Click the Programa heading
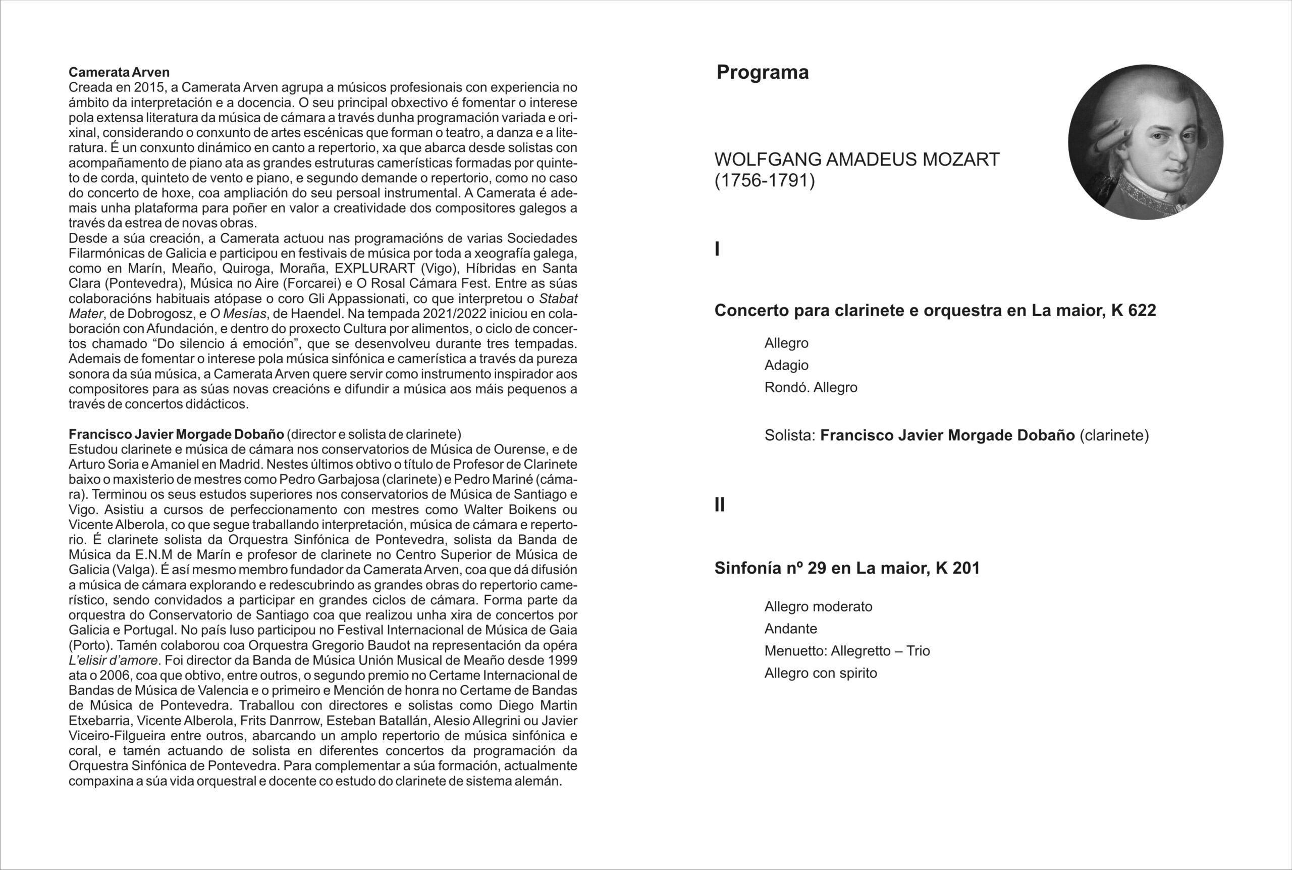pyautogui.click(x=763, y=72)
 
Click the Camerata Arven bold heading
pyautogui.click(x=119, y=72)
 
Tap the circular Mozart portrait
pyautogui.click(x=1146, y=142)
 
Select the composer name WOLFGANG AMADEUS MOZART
pyautogui.click(x=857, y=159)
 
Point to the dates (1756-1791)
pyautogui.click(x=765, y=181)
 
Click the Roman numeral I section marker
pyautogui.click(x=717, y=249)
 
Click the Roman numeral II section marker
pyautogui.click(x=720, y=505)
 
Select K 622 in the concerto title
pyautogui.click(x=1134, y=310)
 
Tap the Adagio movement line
pyautogui.click(x=786, y=365)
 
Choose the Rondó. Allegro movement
pyautogui.click(x=811, y=387)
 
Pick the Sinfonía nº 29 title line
pyautogui.click(x=847, y=568)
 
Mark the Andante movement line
pyautogui.click(x=791, y=629)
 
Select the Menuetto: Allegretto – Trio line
pyautogui.click(x=847, y=651)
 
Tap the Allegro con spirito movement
pyautogui.click(x=821, y=673)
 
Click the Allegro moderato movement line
pyautogui.click(x=819, y=606)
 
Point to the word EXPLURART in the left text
pyautogui.click(x=375, y=269)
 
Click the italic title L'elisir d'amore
pyautogui.click(x=113, y=661)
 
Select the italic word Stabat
pyautogui.click(x=558, y=298)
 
